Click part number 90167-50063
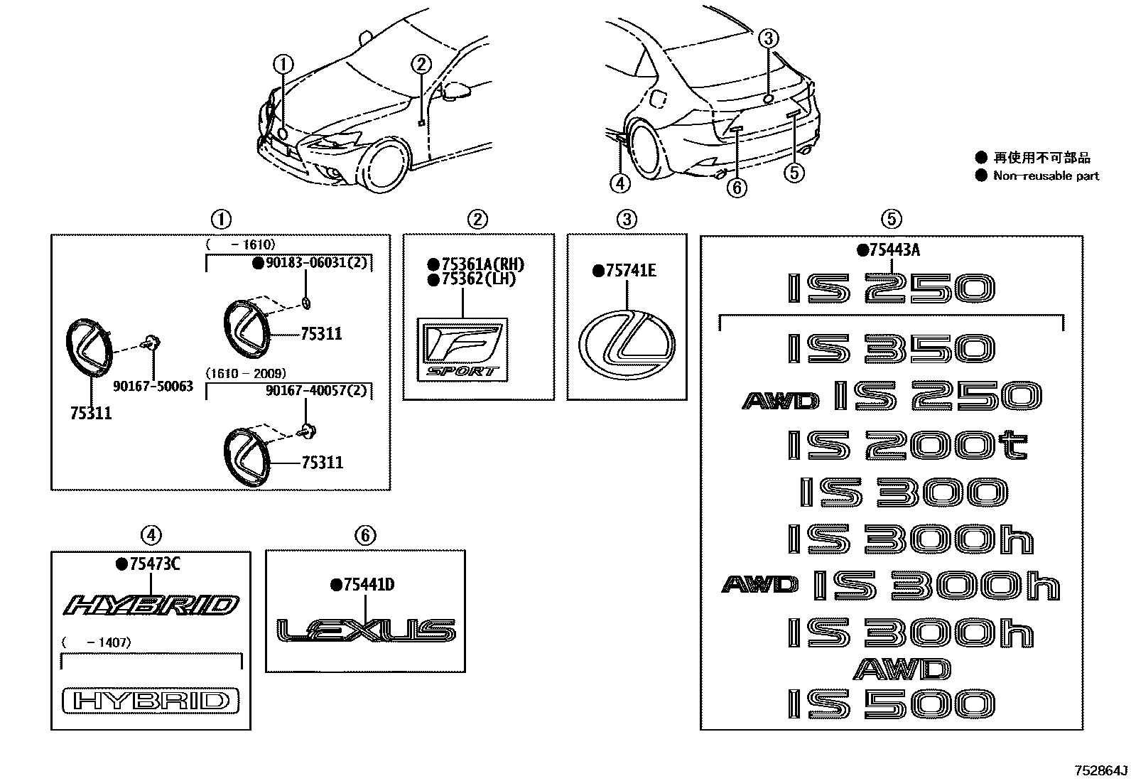[x=153, y=387]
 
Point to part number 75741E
[x=630, y=271]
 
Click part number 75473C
[x=153, y=564]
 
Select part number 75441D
[x=367, y=585]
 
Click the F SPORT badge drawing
[x=462, y=348]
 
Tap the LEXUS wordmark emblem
[x=366, y=630]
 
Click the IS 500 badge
[x=891, y=704]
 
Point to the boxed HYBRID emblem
[x=151, y=701]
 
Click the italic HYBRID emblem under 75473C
[x=151, y=605]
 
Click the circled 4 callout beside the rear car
[x=620, y=183]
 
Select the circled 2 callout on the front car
[x=421, y=65]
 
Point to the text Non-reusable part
[x=1046, y=176]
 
